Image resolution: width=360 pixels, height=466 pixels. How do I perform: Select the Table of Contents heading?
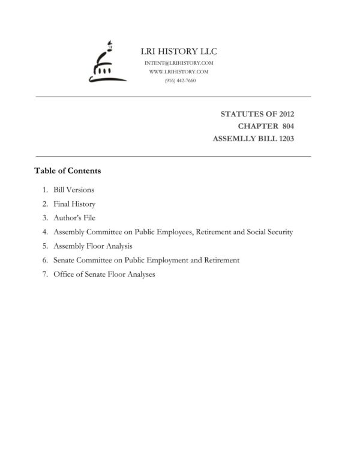pyautogui.click(x=68, y=171)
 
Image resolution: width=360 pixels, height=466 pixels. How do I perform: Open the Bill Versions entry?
pyautogui.click(x=74, y=190)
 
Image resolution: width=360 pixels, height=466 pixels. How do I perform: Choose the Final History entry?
pyautogui.click(x=74, y=204)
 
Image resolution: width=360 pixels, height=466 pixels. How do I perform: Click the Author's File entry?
pyautogui.click(x=74, y=218)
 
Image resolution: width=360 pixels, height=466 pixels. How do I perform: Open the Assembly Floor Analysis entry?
pyautogui.click(x=92, y=246)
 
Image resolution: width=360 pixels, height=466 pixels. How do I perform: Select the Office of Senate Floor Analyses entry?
pyautogui.click(x=104, y=274)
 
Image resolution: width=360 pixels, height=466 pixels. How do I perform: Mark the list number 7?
pyautogui.click(x=45, y=274)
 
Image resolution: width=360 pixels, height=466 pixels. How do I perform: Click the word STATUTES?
pyautogui.click(x=242, y=113)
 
